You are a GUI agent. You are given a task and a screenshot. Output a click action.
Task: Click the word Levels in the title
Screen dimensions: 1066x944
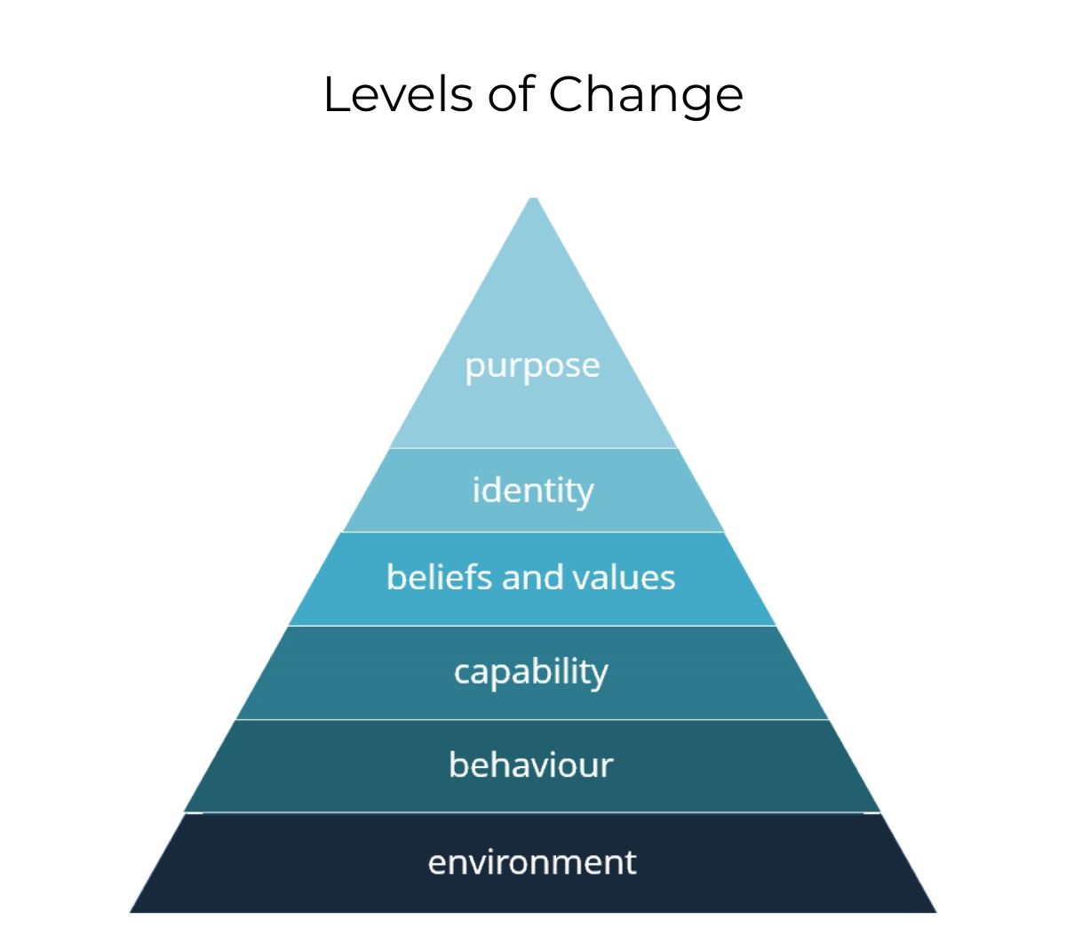(398, 94)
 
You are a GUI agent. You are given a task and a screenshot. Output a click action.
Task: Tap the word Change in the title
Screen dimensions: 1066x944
(646, 96)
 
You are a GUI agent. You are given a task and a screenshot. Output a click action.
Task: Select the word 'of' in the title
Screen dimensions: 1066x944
(511, 94)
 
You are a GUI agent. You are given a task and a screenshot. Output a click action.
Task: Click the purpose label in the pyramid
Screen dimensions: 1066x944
(532, 366)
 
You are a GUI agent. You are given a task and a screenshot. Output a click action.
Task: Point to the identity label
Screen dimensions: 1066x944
(532, 491)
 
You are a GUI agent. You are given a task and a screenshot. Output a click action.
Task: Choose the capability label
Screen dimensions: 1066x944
(531, 672)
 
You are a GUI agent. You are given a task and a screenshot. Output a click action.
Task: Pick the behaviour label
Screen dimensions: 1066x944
(531, 765)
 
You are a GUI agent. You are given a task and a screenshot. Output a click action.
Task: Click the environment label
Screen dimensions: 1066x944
(532, 862)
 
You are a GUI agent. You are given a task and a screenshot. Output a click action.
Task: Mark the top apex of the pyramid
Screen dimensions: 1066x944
(533, 199)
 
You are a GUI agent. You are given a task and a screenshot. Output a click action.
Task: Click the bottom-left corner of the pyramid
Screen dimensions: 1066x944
(132, 911)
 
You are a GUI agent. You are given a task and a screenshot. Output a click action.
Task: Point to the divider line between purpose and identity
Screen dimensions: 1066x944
(533, 448)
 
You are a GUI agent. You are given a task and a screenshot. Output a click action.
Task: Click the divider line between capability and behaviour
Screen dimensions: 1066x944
(533, 719)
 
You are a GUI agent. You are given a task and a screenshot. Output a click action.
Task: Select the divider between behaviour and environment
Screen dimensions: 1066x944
(533, 812)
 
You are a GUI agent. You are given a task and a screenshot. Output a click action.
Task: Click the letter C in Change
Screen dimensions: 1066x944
(569, 94)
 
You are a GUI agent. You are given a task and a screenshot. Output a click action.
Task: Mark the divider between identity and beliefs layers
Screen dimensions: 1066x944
(533, 532)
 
